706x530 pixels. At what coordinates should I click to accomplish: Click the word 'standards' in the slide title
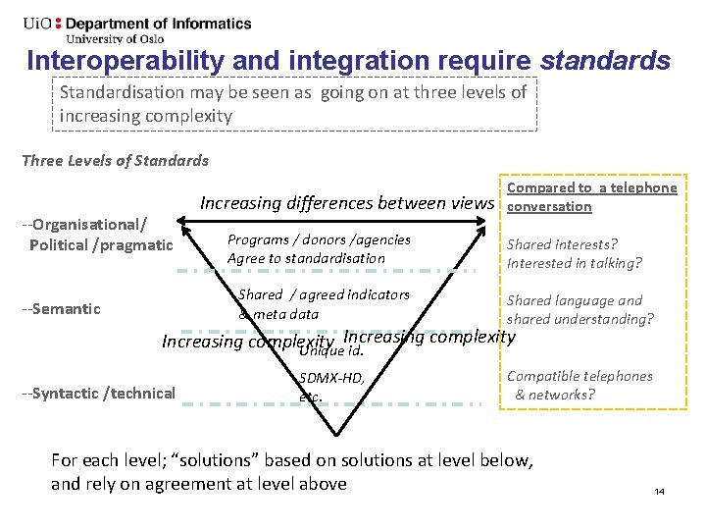(606, 61)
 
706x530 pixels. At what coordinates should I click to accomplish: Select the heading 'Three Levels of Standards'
(115, 160)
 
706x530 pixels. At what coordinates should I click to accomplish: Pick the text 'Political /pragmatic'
(101, 244)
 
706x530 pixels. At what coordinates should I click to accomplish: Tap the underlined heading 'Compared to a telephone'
(591, 187)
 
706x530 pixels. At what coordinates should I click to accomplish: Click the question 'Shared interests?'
(562, 244)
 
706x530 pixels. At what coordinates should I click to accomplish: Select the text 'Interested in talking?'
(574, 263)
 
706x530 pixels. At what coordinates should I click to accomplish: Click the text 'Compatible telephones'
(579, 376)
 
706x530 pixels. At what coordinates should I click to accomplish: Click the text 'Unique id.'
(331, 351)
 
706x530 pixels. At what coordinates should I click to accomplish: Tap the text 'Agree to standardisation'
(306, 258)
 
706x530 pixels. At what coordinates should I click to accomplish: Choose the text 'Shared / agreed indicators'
(324, 294)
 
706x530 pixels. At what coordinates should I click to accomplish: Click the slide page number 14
(659, 491)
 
